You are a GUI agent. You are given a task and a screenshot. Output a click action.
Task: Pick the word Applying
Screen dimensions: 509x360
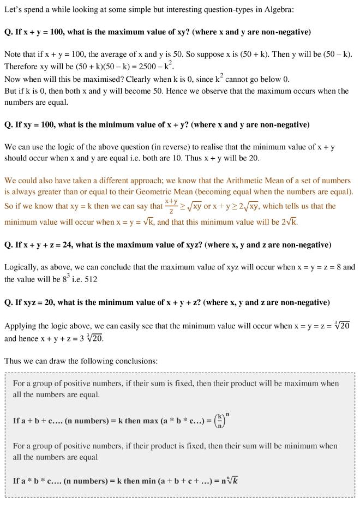coord(21,326)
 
